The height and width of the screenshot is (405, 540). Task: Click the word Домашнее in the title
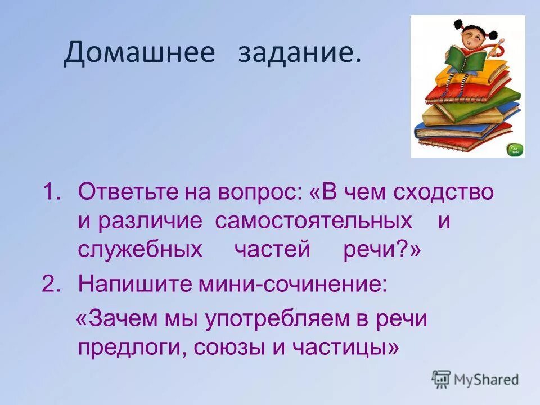point(139,53)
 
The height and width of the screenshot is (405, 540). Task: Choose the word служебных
point(140,250)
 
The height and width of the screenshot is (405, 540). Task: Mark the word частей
point(272,250)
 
